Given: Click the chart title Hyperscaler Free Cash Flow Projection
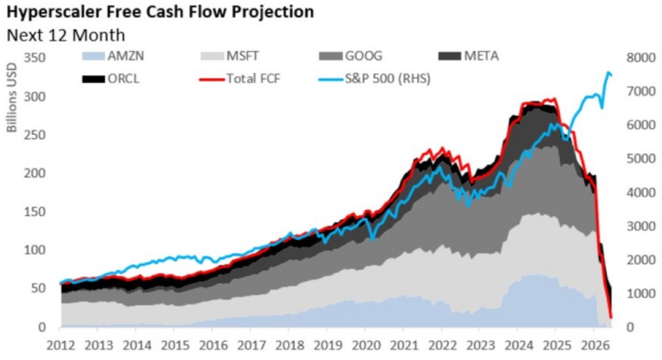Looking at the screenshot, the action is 161,12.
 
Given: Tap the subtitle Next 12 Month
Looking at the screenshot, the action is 66,35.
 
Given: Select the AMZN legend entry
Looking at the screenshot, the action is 112,56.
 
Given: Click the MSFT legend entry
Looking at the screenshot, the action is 230,56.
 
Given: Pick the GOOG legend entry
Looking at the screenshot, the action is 351,56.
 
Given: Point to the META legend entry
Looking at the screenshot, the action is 469,56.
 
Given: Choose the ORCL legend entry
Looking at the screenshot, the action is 110,79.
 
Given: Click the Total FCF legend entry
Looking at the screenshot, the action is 240,79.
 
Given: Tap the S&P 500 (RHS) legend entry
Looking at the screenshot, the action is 375,79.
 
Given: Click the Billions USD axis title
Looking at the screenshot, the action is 12,97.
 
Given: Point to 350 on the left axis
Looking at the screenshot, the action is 34,57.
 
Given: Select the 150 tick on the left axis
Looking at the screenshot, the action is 34,212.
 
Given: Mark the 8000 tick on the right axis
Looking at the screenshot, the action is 641,57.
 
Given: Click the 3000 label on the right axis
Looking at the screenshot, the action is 641,226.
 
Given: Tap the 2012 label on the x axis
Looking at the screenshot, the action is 61,346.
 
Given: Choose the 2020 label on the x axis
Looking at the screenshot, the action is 366,346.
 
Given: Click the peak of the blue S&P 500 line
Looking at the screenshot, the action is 608,72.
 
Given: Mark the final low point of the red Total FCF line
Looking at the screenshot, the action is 610,317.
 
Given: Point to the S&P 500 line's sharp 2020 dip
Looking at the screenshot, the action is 372,240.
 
